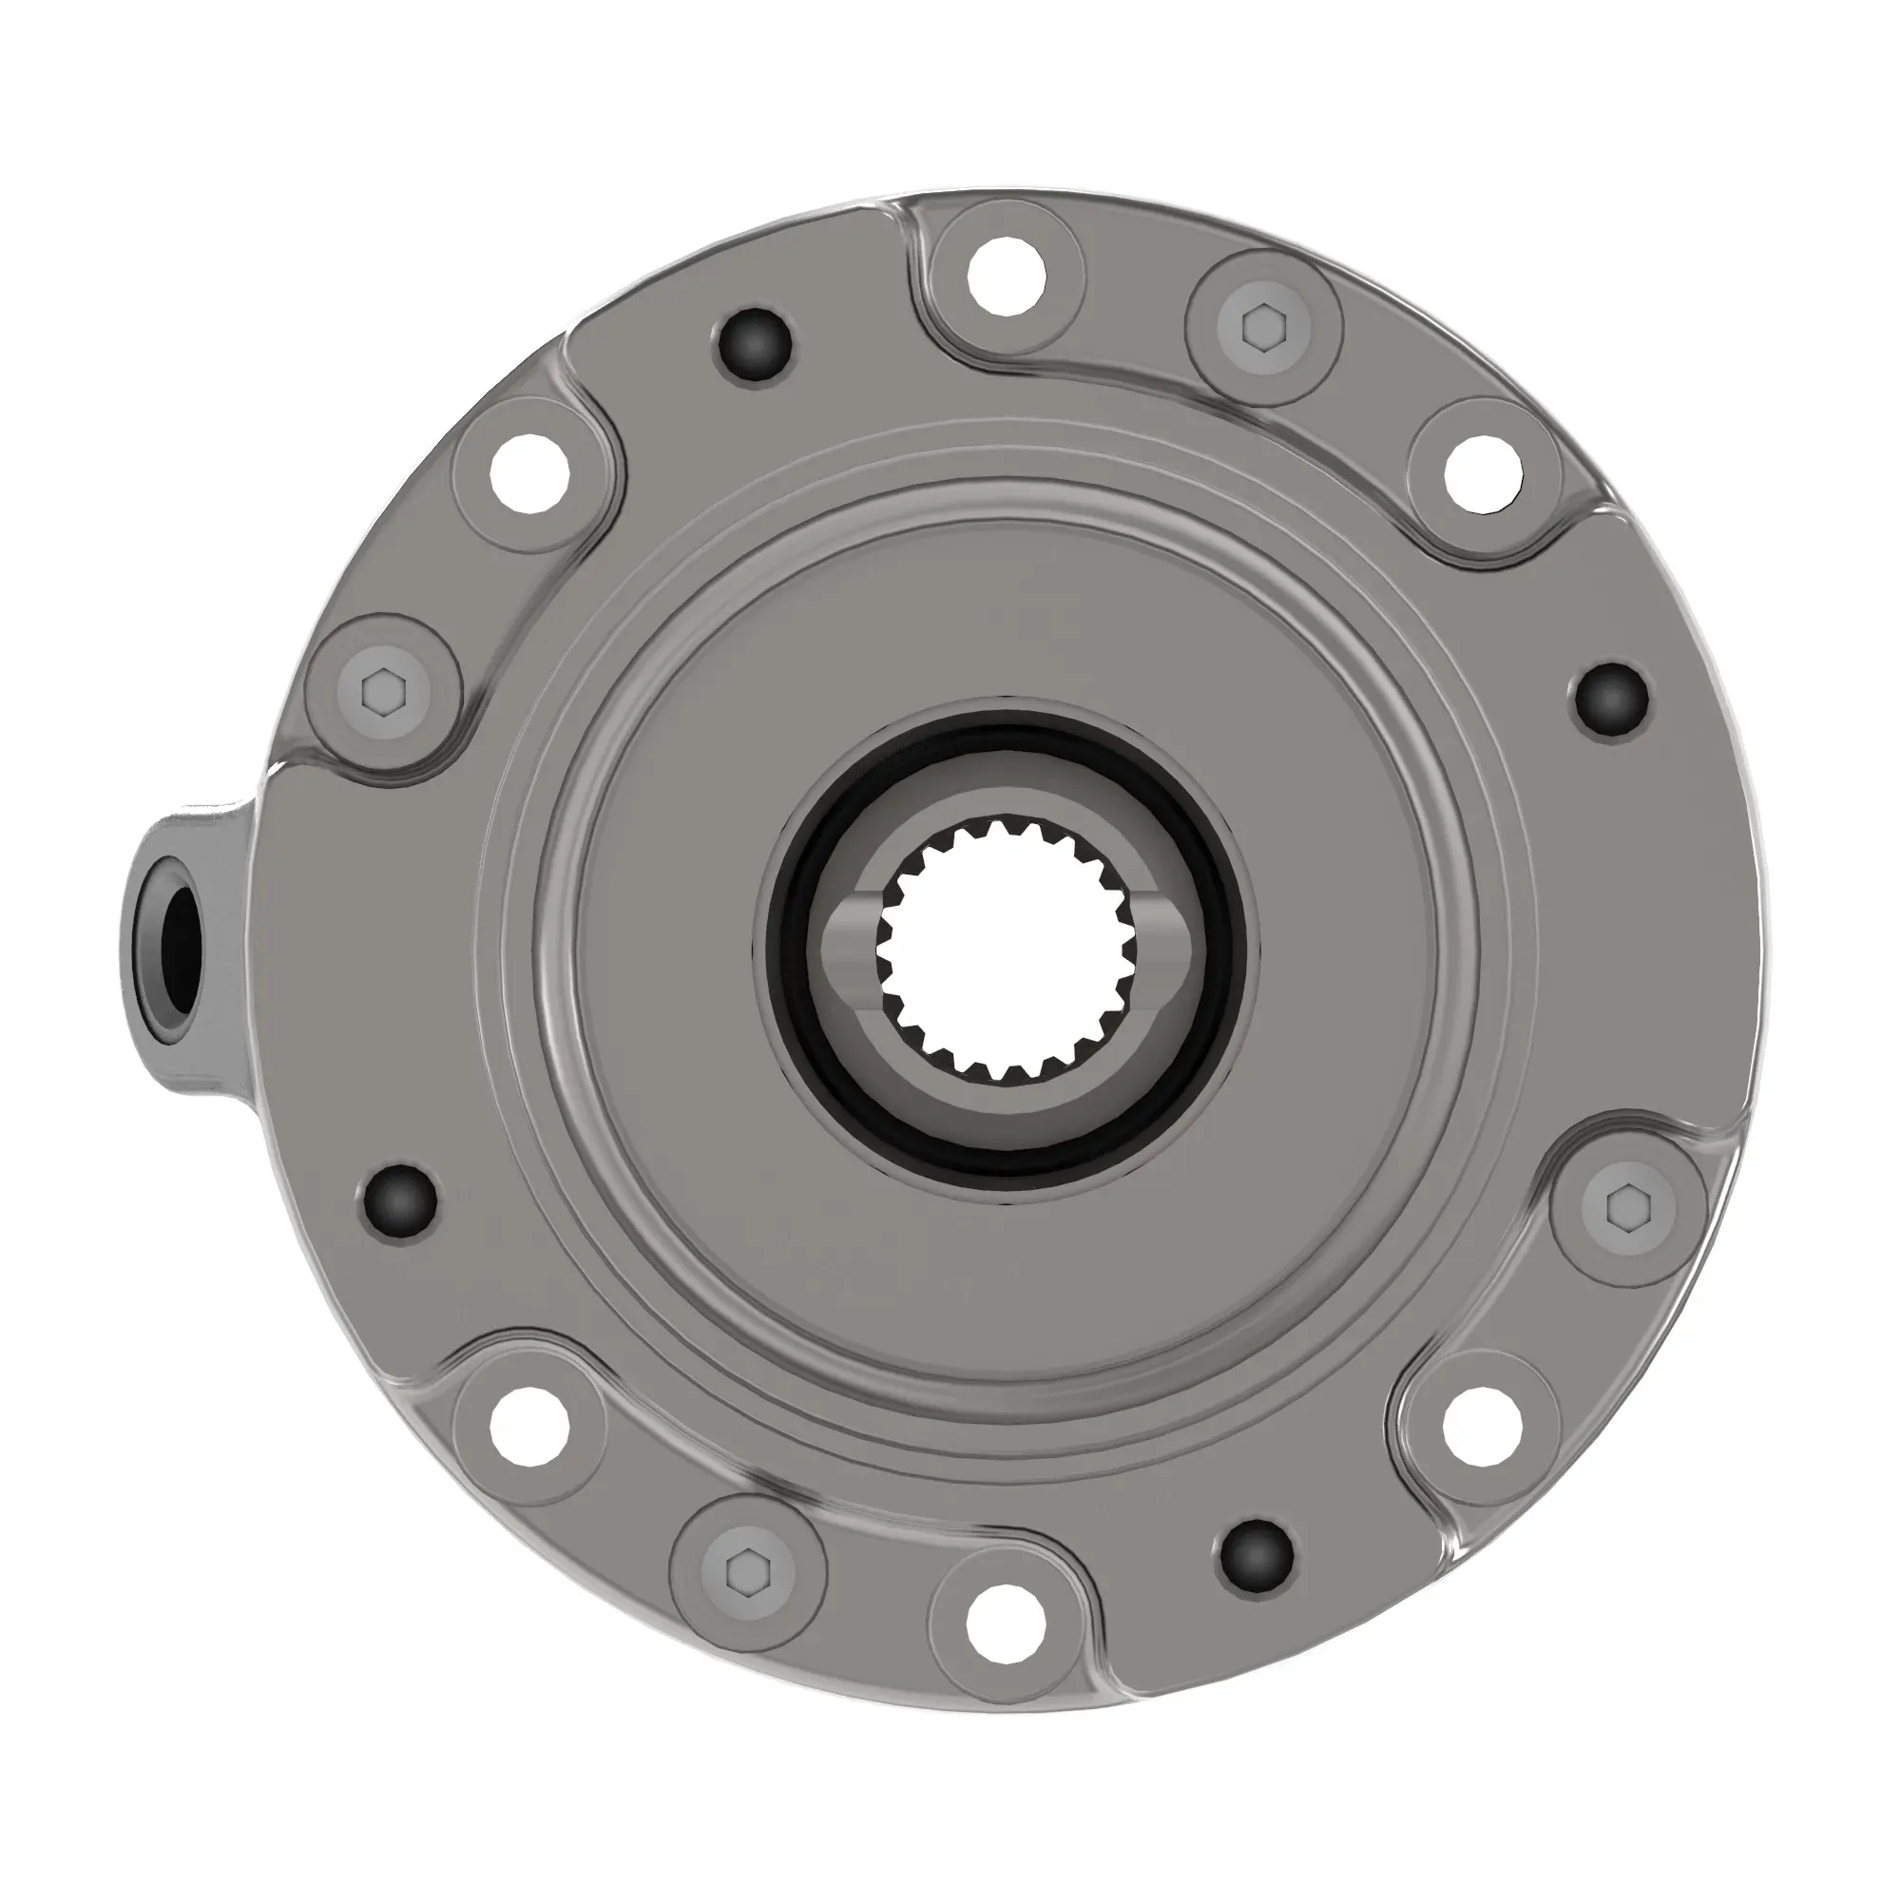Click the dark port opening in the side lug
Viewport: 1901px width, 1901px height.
(181, 942)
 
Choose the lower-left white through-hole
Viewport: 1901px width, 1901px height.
(529, 1426)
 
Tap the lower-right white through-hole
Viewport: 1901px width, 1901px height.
(1484, 1426)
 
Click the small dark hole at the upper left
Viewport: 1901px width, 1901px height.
(754, 345)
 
